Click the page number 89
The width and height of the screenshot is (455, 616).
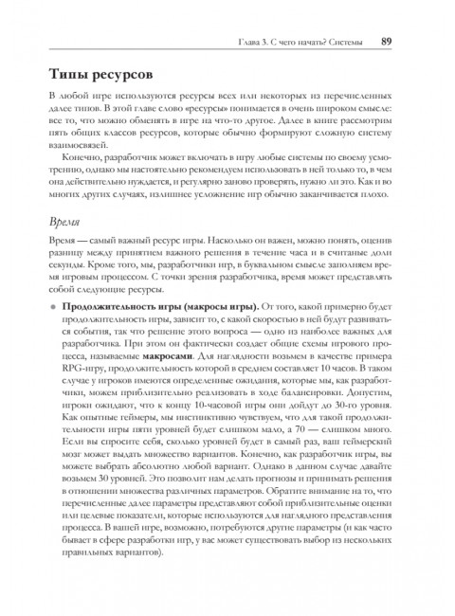(x=387, y=41)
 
